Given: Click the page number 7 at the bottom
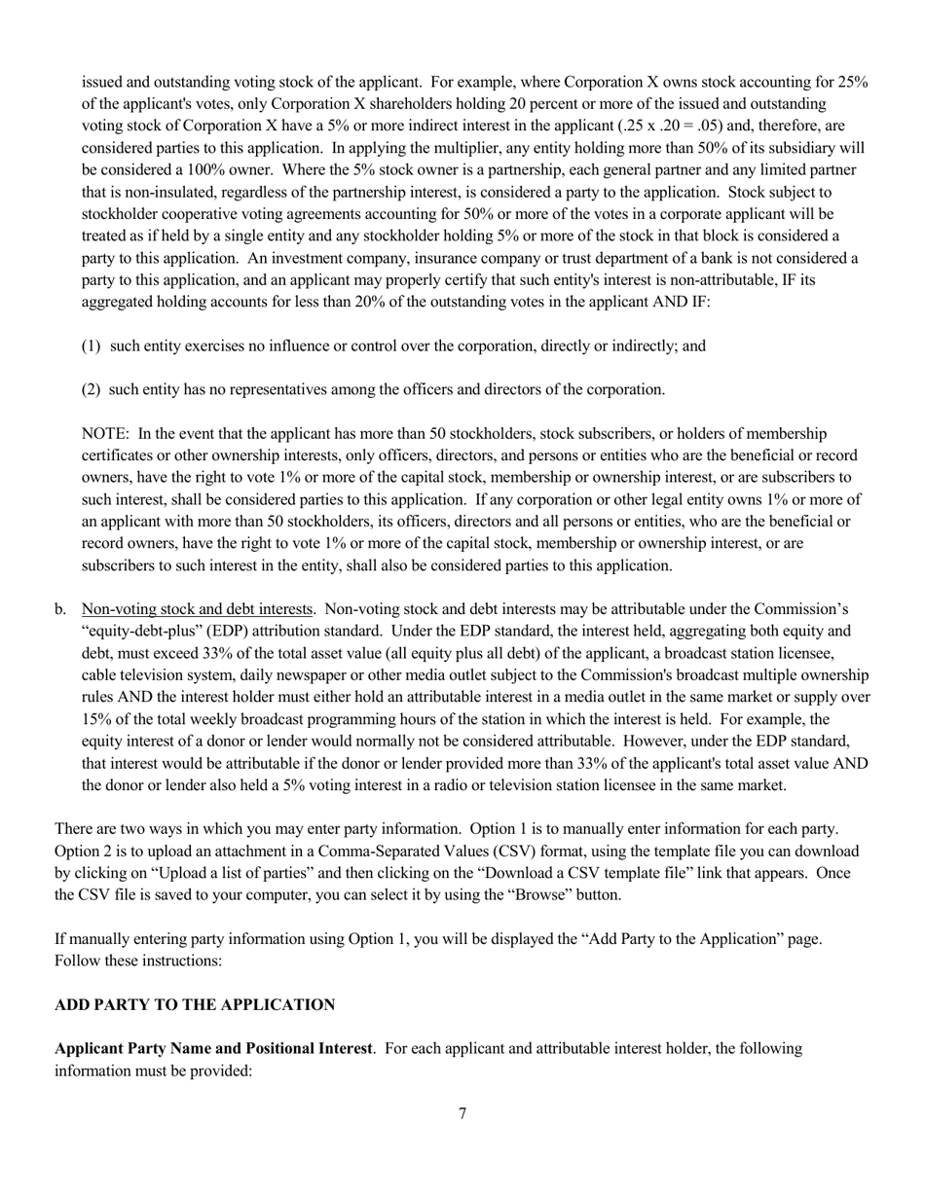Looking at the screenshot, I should [x=462, y=1113].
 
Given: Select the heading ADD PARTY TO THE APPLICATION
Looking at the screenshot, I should [x=195, y=1004].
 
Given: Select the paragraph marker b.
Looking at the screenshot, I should [x=61, y=609].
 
